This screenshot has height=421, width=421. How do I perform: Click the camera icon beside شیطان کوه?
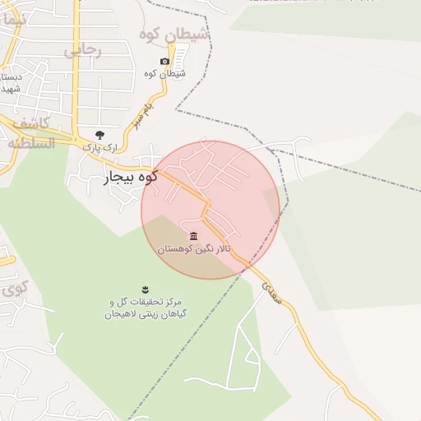164,62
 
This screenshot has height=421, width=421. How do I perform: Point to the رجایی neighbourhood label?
82,50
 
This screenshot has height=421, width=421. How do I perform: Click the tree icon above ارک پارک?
99,134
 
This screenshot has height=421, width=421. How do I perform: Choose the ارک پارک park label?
99,146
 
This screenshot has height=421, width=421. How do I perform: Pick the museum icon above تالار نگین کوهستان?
194,236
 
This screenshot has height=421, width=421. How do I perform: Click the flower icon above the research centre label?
145,288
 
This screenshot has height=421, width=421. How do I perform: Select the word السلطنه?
30,143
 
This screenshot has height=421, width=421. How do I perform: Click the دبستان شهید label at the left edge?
9,83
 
